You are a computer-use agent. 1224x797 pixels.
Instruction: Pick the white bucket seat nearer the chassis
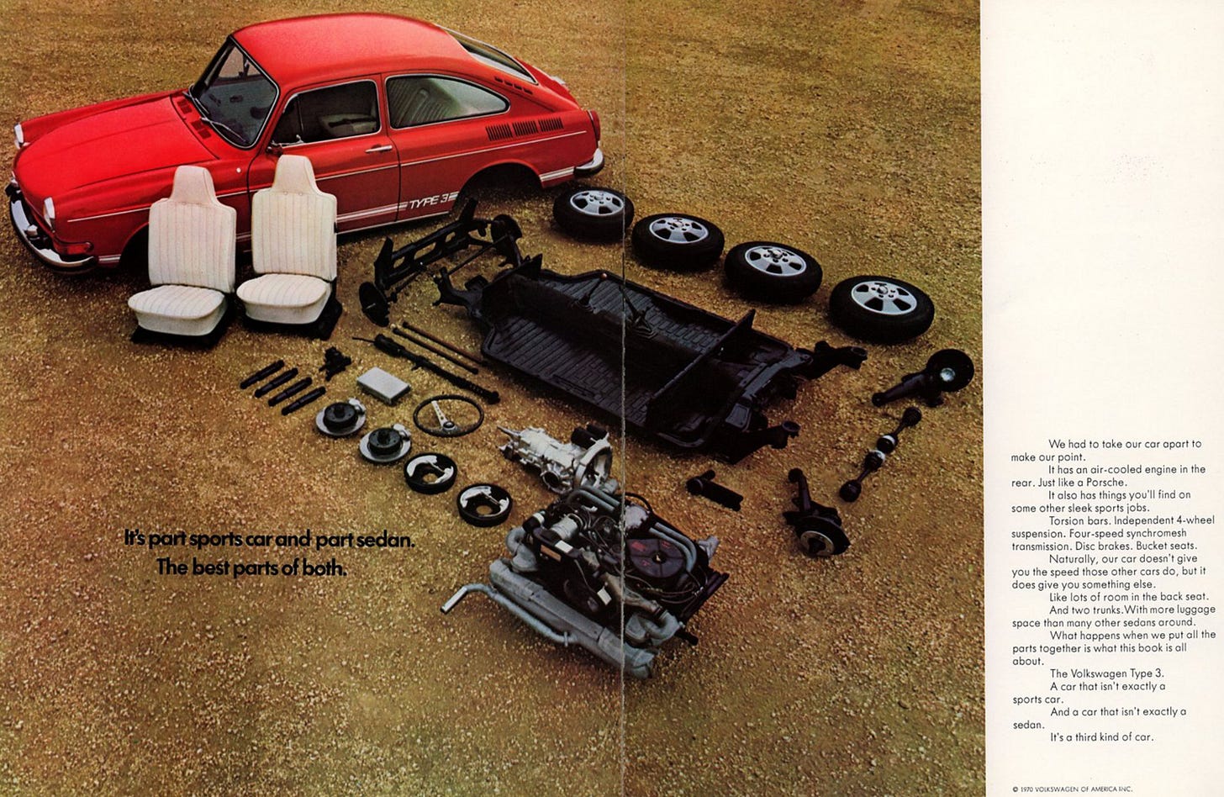(289, 246)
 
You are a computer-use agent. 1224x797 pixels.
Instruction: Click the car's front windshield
(236, 96)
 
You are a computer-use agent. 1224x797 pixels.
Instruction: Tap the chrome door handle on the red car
(378, 148)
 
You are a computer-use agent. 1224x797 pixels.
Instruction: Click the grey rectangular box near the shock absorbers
(383, 384)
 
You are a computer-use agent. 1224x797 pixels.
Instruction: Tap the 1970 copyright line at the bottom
(1072, 789)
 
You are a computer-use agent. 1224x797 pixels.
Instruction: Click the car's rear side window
(446, 101)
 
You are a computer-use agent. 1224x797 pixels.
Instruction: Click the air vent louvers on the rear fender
(524, 129)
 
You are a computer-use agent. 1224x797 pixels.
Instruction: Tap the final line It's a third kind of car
(1101, 736)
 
